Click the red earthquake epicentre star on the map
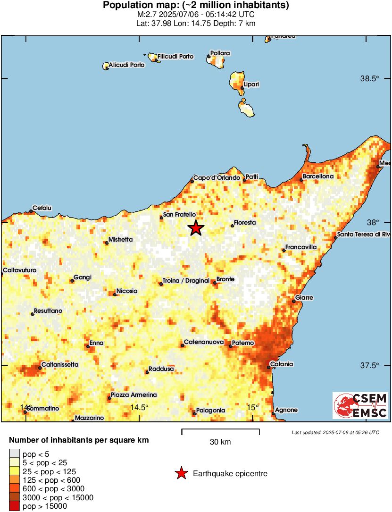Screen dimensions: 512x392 (196, 228)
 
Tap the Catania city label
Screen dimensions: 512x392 (282, 364)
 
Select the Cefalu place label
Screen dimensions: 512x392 (42, 208)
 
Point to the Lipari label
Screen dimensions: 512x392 (251, 84)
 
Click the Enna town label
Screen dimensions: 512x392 (97, 343)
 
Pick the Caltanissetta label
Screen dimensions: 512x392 (60, 364)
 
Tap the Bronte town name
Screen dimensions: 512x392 (225, 279)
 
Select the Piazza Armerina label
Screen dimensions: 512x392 (133, 394)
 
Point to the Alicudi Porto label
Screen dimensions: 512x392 (126, 65)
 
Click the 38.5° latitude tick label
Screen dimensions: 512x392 (369, 78)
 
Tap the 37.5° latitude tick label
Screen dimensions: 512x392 (369, 365)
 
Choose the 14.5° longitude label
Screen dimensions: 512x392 (139, 407)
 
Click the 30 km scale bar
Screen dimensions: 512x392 (220, 430)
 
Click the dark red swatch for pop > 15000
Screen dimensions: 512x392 (15, 506)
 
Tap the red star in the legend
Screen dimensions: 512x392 (181, 473)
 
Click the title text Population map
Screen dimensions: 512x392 (196, 6)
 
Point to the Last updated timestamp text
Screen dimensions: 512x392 (335, 432)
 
